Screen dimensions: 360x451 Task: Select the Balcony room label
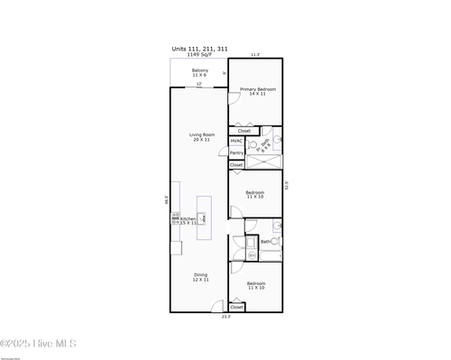[199, 72]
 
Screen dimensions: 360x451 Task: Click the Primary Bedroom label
[257, 91]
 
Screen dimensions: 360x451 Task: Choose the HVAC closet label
[235, 141]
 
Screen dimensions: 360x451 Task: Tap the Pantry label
[235, 152]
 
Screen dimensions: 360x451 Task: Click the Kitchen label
[189, 220]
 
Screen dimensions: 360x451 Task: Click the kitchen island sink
[202, 217]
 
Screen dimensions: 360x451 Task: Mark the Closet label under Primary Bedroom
[244, 131]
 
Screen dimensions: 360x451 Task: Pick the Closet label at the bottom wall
[236, 307]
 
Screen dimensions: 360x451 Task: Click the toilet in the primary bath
[254, 144]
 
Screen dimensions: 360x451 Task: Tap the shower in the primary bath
[263, 162]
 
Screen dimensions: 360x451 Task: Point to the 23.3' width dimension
[226, 317]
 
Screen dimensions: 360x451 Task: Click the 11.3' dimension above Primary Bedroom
[254, 55]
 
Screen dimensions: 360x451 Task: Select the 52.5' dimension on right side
[287, 185]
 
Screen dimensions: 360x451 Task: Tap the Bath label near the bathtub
[265, 242]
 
